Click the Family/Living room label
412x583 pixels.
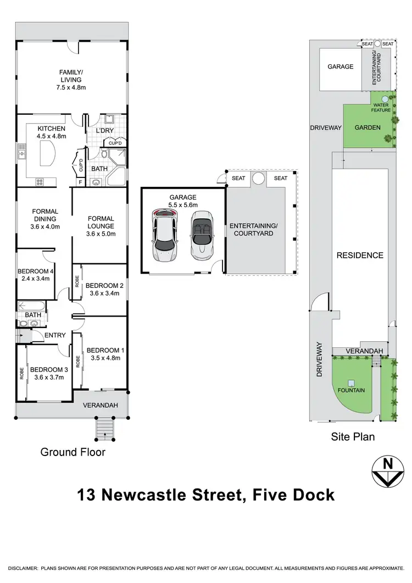[x=70, y=79]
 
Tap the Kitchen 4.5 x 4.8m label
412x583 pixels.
[x=51, y=132]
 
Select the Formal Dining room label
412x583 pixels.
[x=45, y=219]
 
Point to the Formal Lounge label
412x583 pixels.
[x=101, y=226]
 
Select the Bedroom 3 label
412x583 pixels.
[x=47, y=373]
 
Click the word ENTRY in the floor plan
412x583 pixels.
[x=55, y=335]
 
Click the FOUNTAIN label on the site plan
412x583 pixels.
[x=352, y=391]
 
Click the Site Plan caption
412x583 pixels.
[x=353, y=437]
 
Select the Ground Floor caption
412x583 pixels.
[x=73, y=452]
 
